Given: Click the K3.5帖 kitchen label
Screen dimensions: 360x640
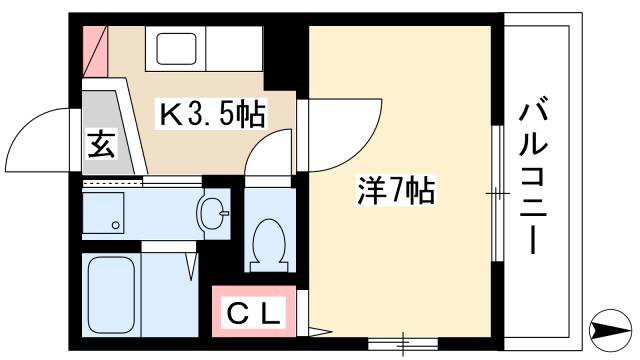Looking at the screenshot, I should tap(213, 117).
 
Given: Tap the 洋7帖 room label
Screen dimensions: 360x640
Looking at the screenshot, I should tap(395, 190).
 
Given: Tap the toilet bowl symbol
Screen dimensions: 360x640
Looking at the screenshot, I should tap(267, 243).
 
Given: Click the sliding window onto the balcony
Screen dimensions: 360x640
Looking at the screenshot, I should tap(497, 193).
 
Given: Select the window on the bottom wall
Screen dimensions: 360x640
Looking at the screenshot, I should tap(402, 343).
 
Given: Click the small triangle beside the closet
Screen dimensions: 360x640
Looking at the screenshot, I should tap(317, 329).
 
